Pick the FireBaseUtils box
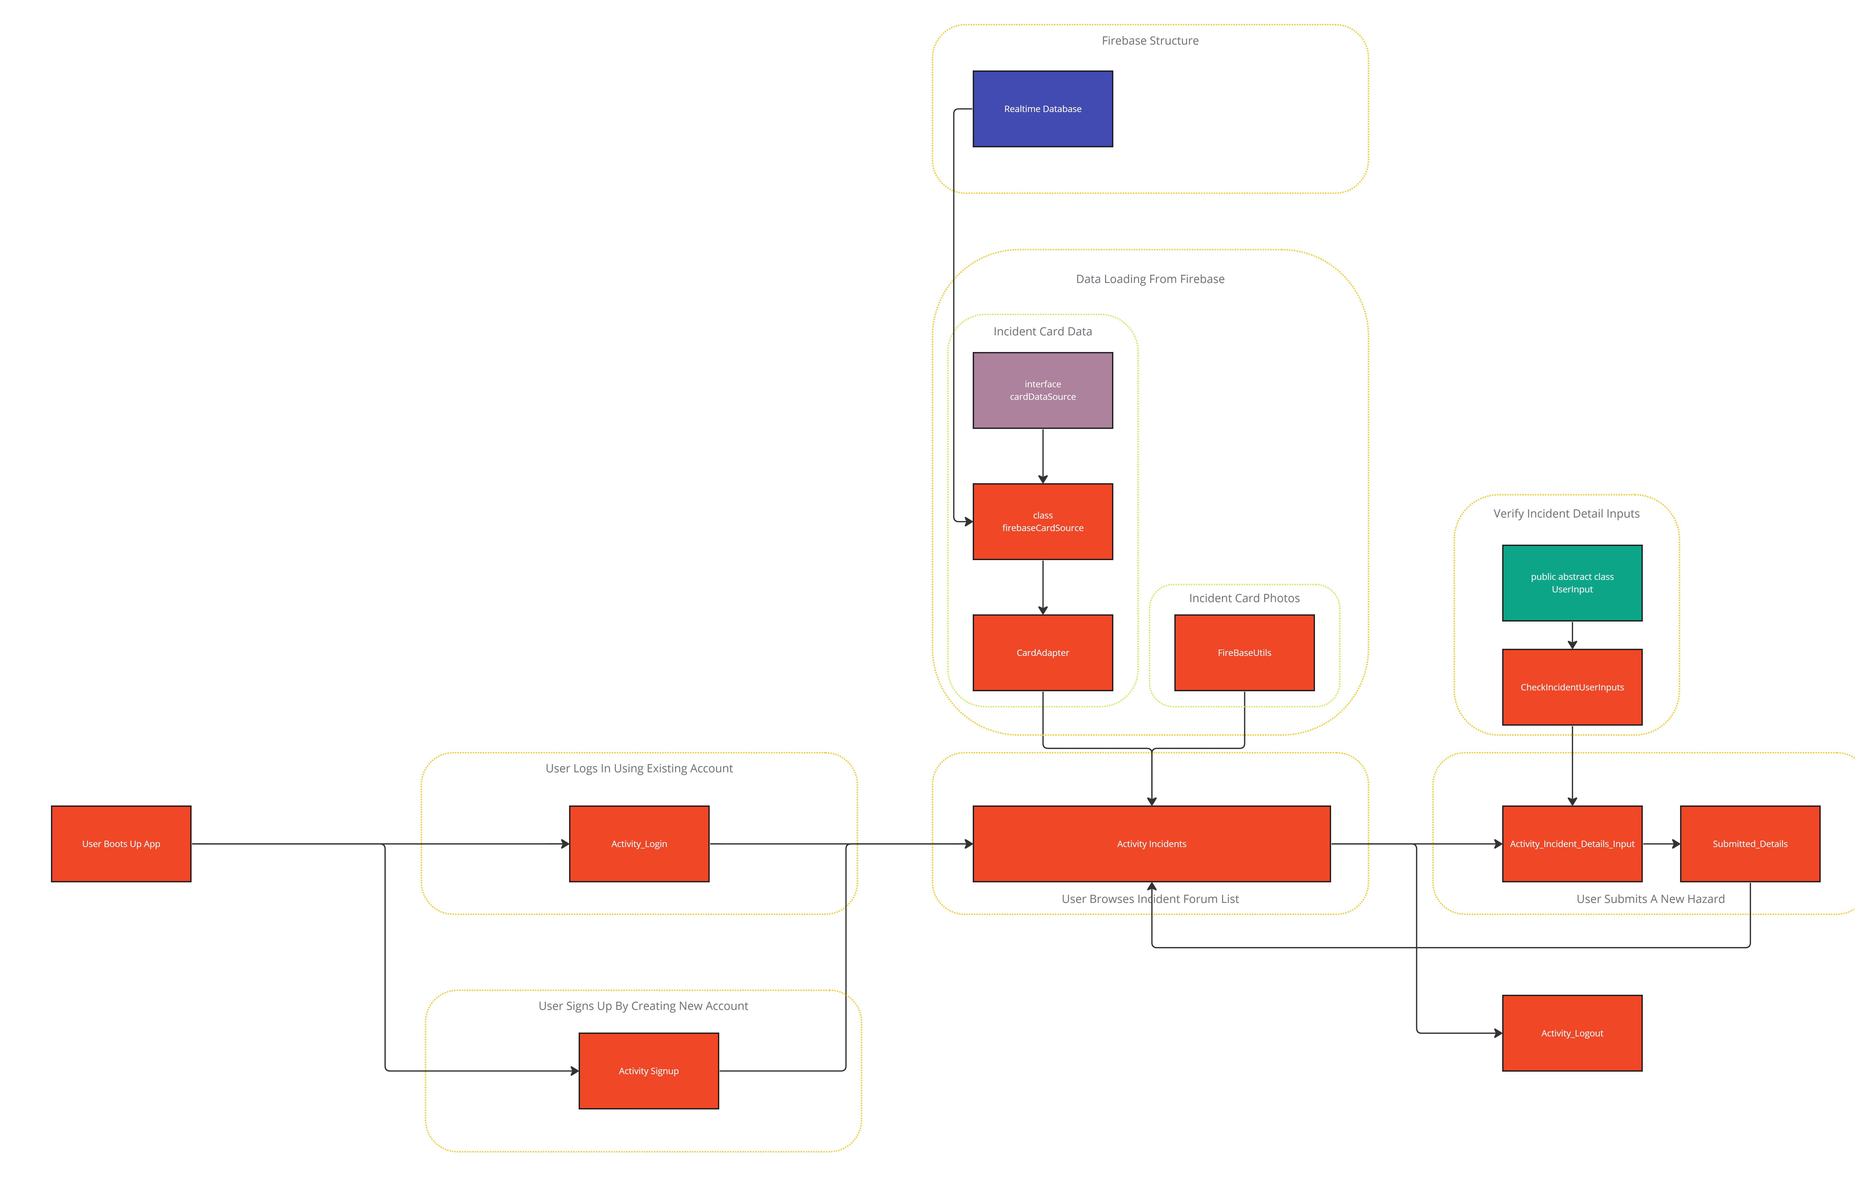(1244, 653)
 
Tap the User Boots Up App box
(121, 844)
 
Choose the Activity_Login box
(639, 844)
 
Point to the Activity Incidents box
(1151, 844)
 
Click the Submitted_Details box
(1750, 844)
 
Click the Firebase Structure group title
(1150, 40)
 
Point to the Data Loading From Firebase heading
(1150, 279)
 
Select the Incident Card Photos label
(1244, 598)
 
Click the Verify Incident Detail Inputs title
(1566, 514)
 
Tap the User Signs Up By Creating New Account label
(643, 1006)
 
